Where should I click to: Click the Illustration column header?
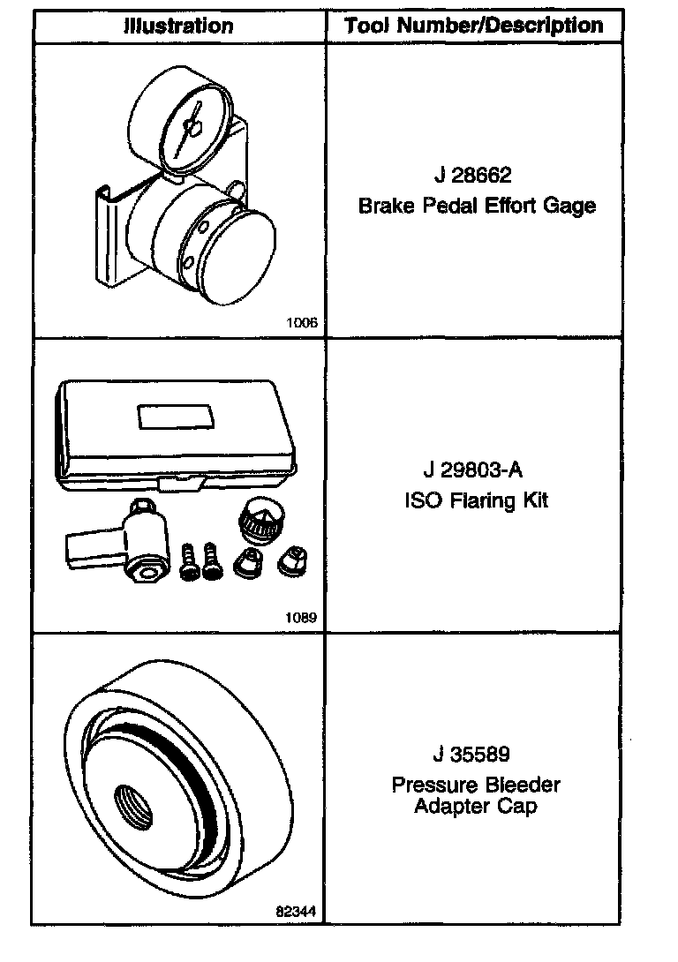pyautogui.click(x=178, y=26)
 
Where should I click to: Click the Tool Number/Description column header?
pyautogui.click(x=474, y=26)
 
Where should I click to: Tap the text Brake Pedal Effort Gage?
pyautogui.click(x=477, y=207)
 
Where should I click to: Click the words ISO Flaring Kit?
pyautogui.click(x=477, y=500)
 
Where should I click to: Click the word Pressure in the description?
pyautogui.click(x=433, y=785)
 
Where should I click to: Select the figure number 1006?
pyautogui.click(x=301, y=323)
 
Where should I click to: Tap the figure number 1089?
pyautogui.click(x=301, y=618)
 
